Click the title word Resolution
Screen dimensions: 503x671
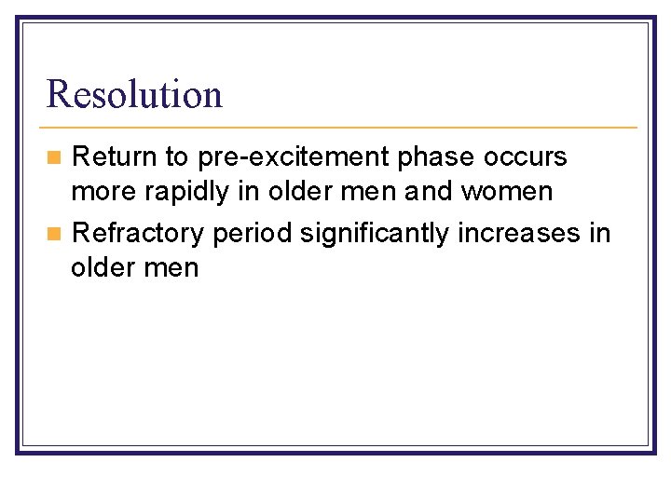134,94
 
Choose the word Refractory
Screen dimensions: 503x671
137,232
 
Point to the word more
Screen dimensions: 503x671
99,193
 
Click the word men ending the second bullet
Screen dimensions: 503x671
173,269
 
